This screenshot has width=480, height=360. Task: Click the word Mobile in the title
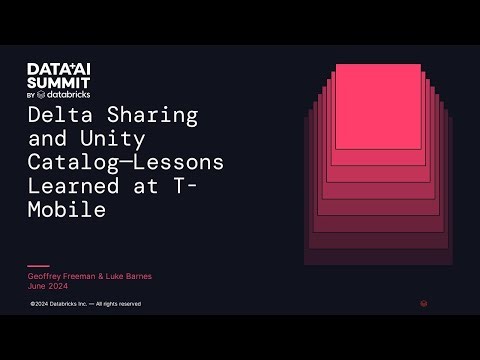[65, 210]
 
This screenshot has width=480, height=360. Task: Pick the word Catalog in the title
[70, 162]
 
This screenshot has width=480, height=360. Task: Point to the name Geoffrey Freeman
[55, 275]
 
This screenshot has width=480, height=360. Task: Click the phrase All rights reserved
[119, 303]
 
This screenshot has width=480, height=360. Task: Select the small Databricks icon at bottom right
[424, 303]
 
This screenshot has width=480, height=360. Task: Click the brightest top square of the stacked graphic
[377, 105]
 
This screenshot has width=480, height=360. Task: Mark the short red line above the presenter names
[37, 266]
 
